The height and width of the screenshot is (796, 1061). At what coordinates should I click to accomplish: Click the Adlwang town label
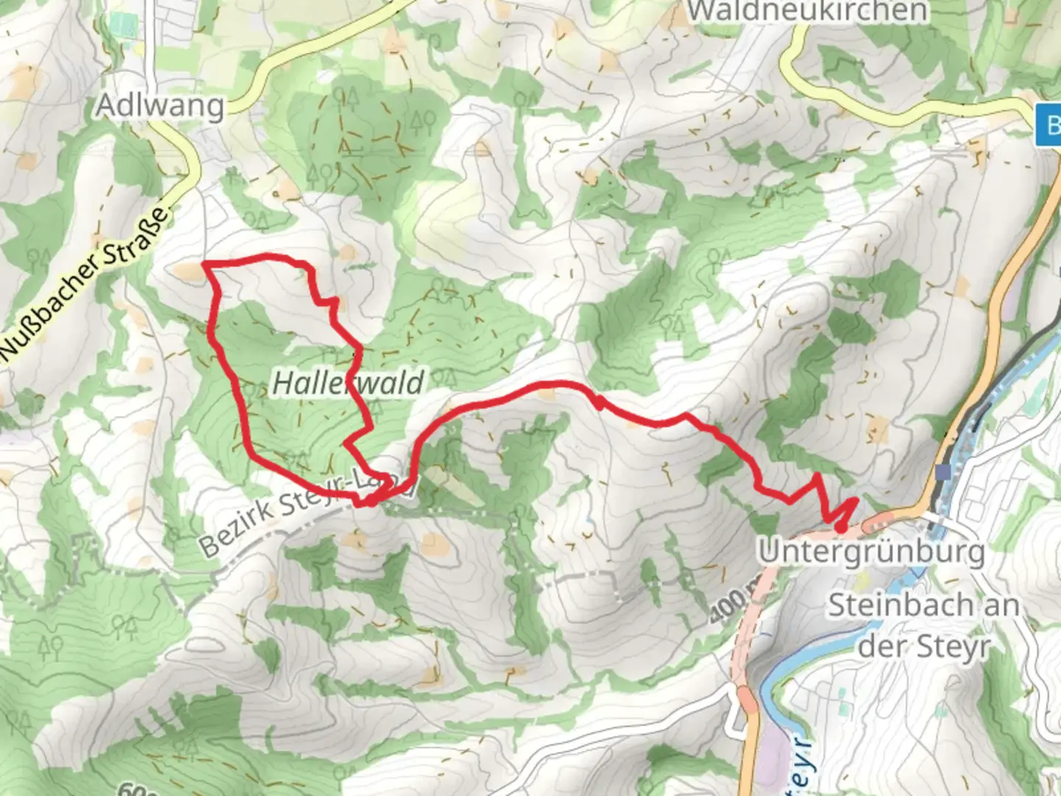click(x=160, y=106)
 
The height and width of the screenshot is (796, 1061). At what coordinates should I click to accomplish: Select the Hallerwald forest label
click(x=348, y=383)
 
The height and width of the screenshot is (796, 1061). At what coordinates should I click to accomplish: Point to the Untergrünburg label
click(x=872, y=551)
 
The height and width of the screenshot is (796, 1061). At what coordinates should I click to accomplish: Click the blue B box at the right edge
click(x=1049, y=125)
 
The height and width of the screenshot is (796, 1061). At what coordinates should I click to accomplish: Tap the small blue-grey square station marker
click(x=943, y=472)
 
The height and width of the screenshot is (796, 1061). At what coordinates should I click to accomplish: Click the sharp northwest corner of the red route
click(x=204, y=263)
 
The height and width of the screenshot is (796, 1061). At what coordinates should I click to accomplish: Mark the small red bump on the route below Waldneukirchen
click(x=600, y=402)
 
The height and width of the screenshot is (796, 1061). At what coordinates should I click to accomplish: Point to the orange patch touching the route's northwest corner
click(x=189, y=272)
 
